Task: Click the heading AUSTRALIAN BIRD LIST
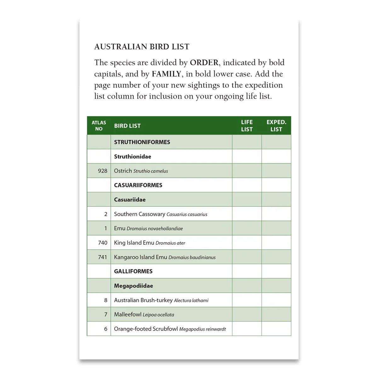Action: (142, 47)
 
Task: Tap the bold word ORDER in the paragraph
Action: (204, 62)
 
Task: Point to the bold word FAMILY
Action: (166, 74)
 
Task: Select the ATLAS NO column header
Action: (99, 125)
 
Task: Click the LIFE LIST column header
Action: (247, 125)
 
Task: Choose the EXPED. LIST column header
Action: (276, 125)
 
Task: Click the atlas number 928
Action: (102, 171)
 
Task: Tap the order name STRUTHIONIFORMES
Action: (142, 142)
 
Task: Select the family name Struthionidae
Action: (133, 157)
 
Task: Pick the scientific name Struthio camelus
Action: (151, 171)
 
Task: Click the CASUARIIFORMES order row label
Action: (138, 185)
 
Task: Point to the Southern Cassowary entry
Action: (140, 214)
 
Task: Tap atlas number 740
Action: (102, 243)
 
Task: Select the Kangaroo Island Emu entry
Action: (140, 257)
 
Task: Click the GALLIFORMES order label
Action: (133, 271)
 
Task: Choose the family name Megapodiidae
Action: (134, 286)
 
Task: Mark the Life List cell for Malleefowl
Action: (247, 314)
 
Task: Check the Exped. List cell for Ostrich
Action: (276, 171)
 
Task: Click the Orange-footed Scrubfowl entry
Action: (146, 329)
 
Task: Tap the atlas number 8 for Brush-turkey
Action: (106, 300)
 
